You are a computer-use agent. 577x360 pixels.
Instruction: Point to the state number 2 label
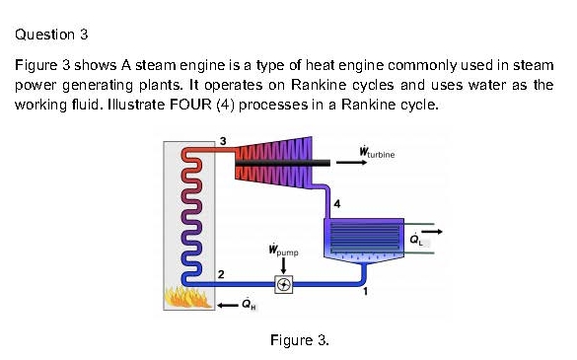coord(221,272)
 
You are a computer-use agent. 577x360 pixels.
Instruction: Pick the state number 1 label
coord(366,292)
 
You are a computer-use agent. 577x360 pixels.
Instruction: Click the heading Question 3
coord(52,36)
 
